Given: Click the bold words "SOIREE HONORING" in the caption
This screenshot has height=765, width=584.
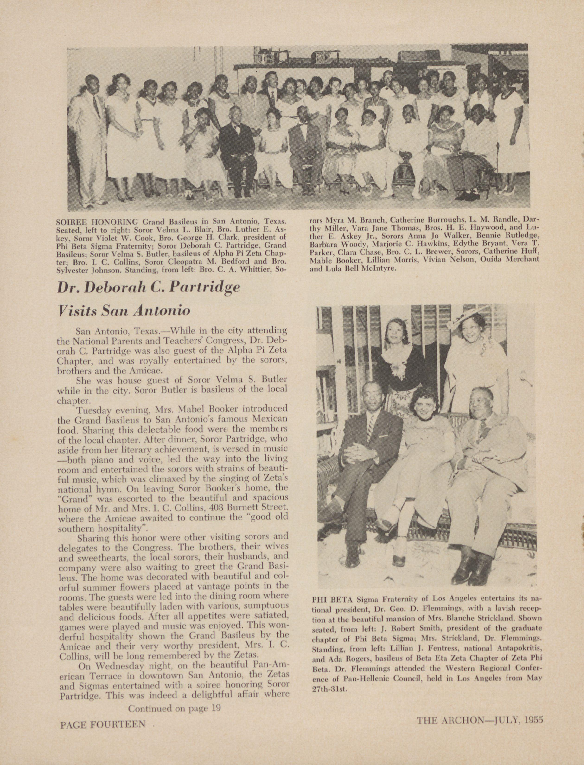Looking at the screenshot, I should [x=97, y=221].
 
